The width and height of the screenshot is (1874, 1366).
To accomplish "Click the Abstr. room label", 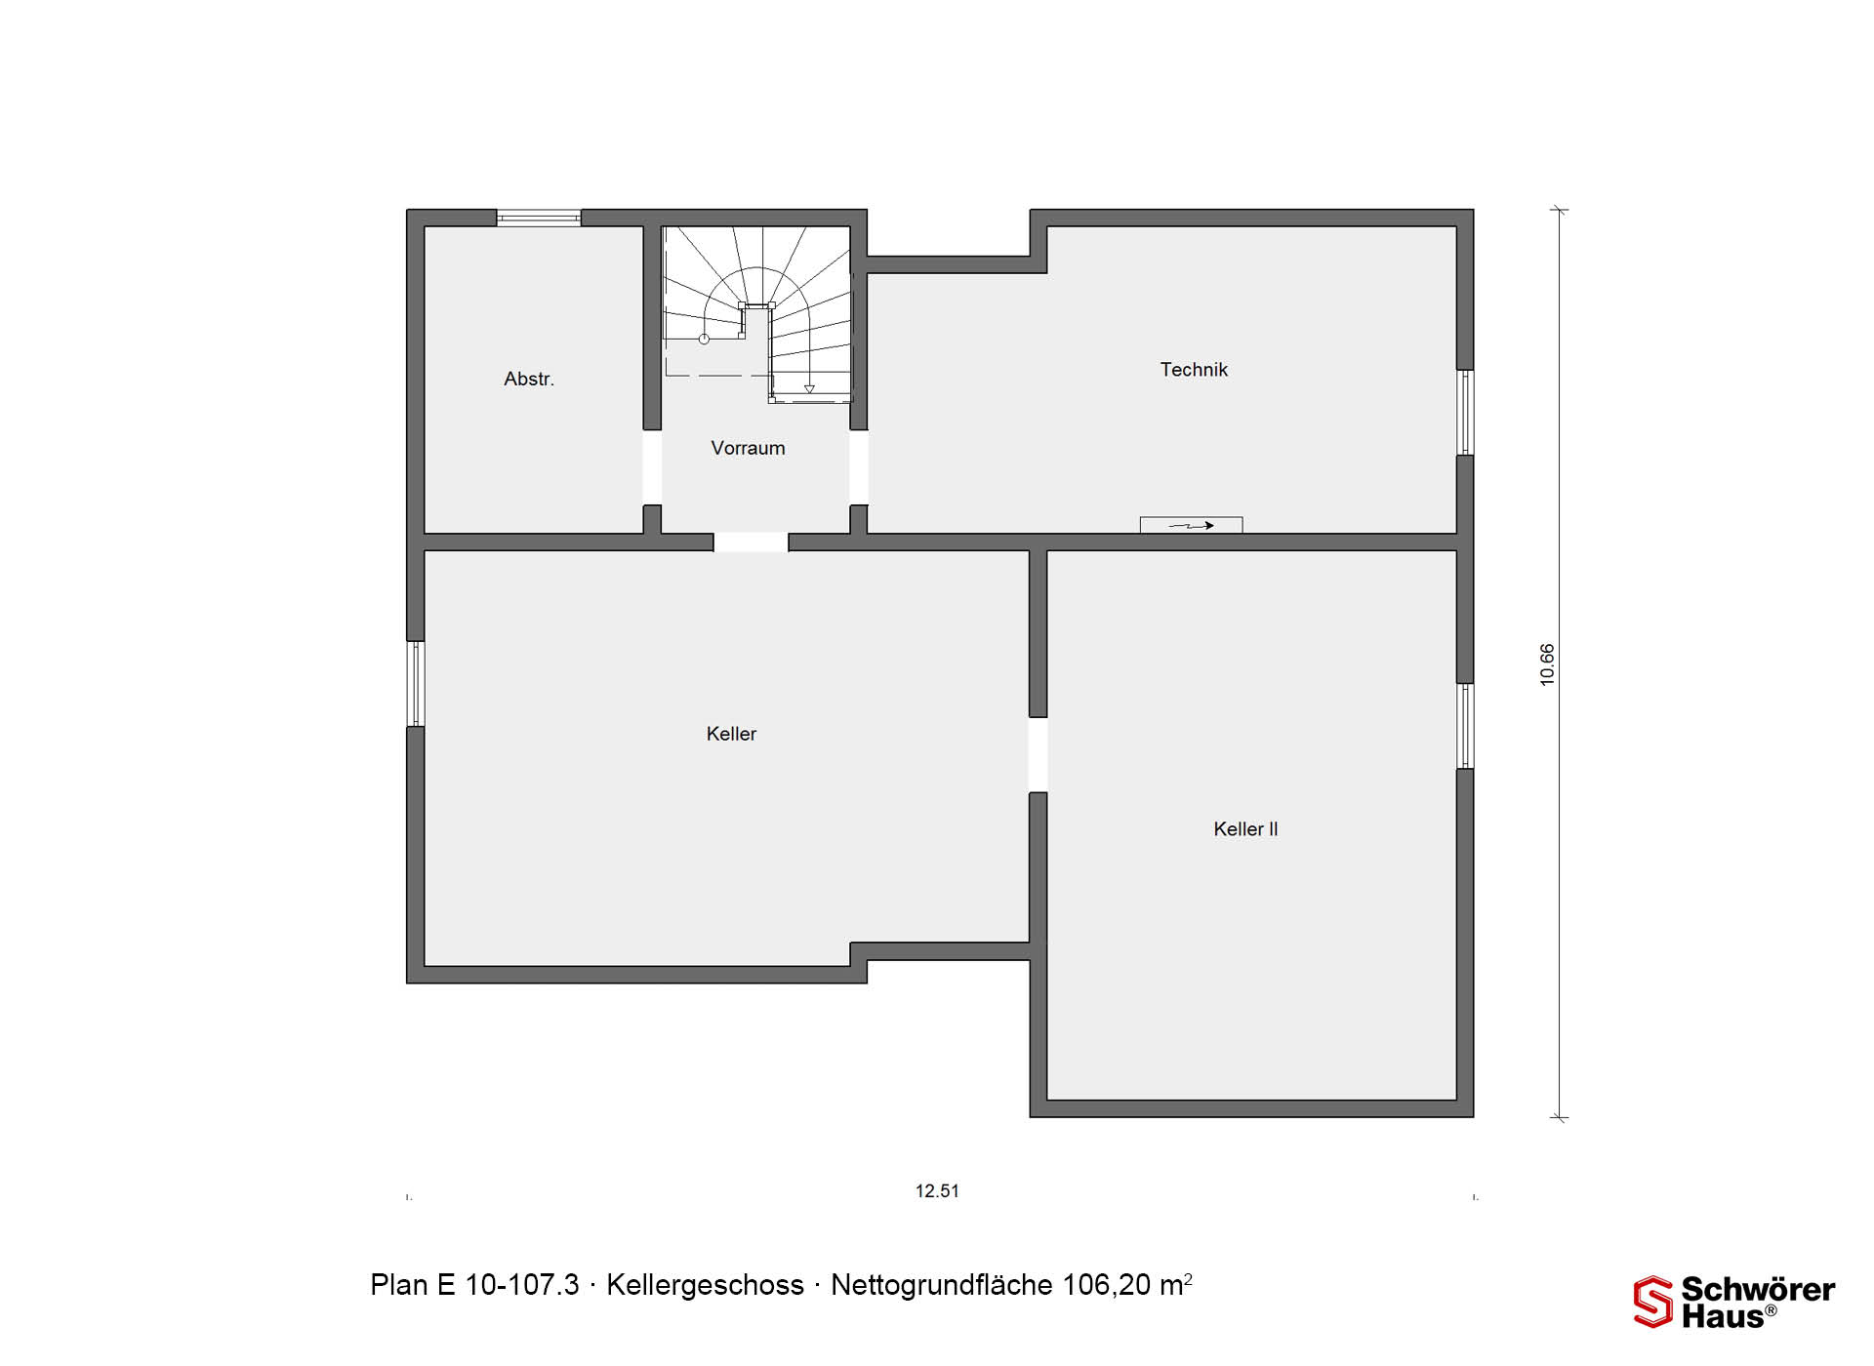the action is point(529,379).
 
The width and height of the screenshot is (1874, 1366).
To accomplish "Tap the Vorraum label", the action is point(748,448).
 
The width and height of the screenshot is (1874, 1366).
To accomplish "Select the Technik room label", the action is point(1194,370).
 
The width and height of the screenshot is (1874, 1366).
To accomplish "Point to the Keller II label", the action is point(1245,829).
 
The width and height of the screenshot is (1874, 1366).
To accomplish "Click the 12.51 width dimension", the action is point(937,1191).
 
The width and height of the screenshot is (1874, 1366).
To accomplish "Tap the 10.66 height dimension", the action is point(1547,664).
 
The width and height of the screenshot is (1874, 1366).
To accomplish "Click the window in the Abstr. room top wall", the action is point(539,218).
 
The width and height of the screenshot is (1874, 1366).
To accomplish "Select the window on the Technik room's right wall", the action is point(1465,412).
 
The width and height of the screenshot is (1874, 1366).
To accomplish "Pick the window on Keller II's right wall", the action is point(1465,725).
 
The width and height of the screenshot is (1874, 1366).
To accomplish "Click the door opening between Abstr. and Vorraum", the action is point(652,467).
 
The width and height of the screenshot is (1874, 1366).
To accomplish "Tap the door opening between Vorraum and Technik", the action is point(859,467).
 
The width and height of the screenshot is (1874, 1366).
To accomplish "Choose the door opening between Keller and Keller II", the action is point(1039,754).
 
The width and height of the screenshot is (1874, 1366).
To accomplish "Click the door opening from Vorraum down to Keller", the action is point(751,542).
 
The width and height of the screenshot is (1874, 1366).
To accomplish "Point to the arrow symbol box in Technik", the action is point(1191,525).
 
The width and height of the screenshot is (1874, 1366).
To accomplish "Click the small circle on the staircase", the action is point(704,340).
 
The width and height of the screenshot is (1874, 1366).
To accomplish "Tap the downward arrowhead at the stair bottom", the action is point(809,389).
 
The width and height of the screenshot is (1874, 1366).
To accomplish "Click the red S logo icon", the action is point(1652,1302).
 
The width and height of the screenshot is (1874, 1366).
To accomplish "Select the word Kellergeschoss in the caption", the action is point(705,1285).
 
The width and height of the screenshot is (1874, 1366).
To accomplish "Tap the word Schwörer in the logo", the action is point(1758,1289).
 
